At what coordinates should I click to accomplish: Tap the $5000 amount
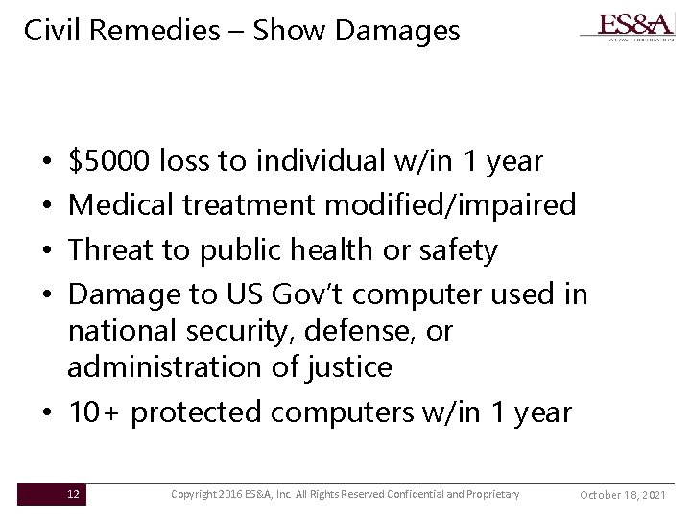(x=109, y=162)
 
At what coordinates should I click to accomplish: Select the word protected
(x=199, y=412)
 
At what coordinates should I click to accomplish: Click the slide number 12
(x=74, y=494)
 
